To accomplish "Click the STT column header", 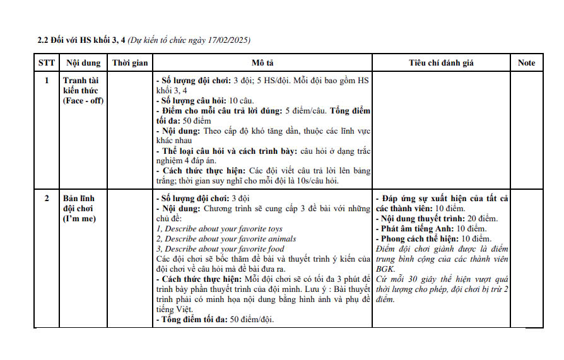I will (x=46, y=62).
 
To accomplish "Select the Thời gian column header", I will (x=130, y=62).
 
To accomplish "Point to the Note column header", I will (x=526, y=62).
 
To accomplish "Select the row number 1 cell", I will (x=46, y=81).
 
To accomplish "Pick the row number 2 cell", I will (x=46, y=199).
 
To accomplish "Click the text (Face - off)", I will (x=83, y=101).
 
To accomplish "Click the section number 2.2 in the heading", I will (x=44, y=40).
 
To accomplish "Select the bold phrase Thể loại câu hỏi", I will (x=198, y=151).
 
